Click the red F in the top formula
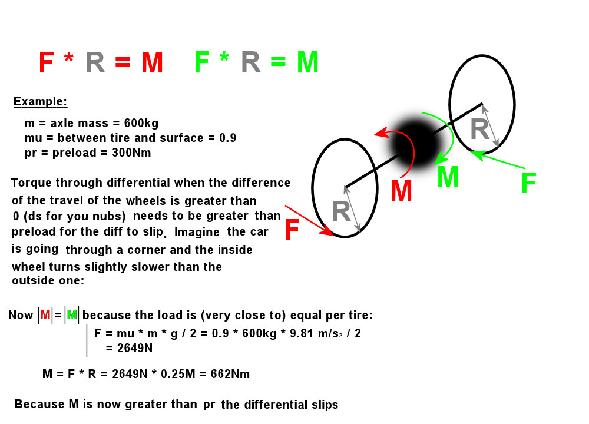click(x=46, y=62)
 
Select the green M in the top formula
click(x=307, y=62)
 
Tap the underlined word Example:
click(x=40, y=101)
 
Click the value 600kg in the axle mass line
click(x=141, y=123)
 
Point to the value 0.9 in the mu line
click(x=227, y=138)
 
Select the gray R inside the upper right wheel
click(x=479, y=129)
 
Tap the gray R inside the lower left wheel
click(x=341, y=212)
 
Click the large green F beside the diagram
click(x=528, y=183)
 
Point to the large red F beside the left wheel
click(x=292, y=230)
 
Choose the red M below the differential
click(x=401, y=191)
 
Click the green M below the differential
click(x=448, y=177)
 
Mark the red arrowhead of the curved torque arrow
click(x=379, y=132)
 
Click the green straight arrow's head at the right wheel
click(x=476, y=154)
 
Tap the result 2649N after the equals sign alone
click(x=135, y=348)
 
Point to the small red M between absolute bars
click(x=45, y=314)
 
